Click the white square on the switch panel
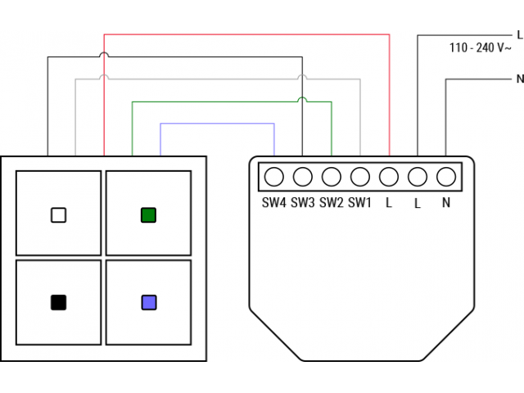(58, 215)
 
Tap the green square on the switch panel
(148, 215)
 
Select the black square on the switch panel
(58, 302)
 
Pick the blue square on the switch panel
(148, 302)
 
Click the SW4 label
(274, 202)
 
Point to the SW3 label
(303, 202)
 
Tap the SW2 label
(332, 202)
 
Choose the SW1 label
(360, 202)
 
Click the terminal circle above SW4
(274, 176)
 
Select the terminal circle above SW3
(303, 176)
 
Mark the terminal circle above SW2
(332, 176)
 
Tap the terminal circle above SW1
(360, 176)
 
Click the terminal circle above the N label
(446, 176)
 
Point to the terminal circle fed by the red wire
(389, 176)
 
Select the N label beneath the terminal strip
(446, 203)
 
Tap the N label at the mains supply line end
(519, 79)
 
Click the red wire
(246, 35)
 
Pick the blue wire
(217, 124)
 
